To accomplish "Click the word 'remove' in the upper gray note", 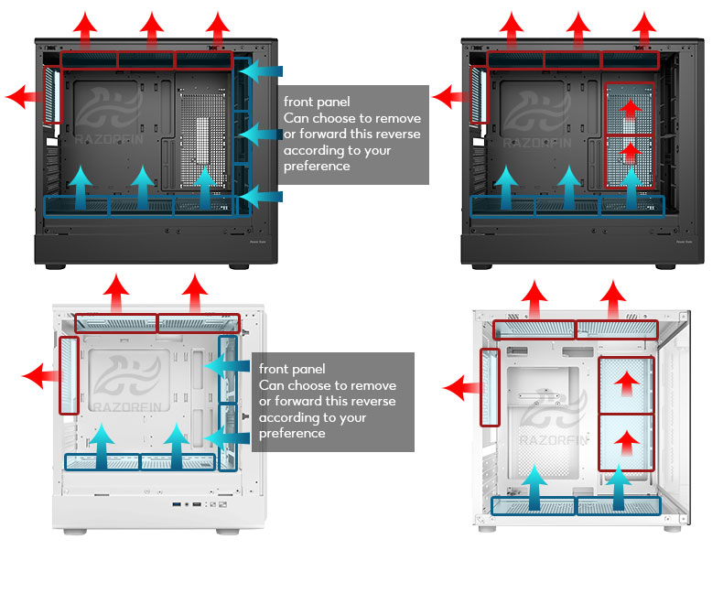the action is pyautogui.click(x=398, y=118).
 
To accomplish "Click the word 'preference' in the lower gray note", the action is pyautogui.click(x=292, y=434).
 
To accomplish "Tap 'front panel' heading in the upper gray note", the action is pyautogui.click(x=317, y=102).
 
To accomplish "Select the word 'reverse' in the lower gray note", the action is pyautogui.click(x=372, y=401).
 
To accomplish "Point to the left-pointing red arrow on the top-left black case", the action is pyautogui.click(x=25, y=97).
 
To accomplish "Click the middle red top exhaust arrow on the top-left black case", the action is pyautogui.click(x=152, y=30).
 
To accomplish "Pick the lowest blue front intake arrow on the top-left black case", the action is pyautogui.click(x=261, y=197).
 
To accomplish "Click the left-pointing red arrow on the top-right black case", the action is pyautogui.click(x=450, y=97).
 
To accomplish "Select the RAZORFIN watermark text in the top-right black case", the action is pyautogui.click(x=537, y=144).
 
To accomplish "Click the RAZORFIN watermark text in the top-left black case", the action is pyautogui.click(x=109, y=139).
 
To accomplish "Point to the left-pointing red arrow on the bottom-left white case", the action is pyautogui.click(x=41, y=375).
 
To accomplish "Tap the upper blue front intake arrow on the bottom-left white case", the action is pyautogui.click(x=227, y=366).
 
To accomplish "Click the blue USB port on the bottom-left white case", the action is pyautogui.click(x=177, y=504).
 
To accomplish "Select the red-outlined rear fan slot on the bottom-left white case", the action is pyautogui.click(x=69, y=375).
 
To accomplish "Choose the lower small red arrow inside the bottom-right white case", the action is pyautogui.click(x=626, y=443).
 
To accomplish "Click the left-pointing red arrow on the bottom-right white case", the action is pyautogui.click(x=462, y=388).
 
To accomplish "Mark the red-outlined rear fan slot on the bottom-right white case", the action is pyautogui.click(x=490, y=387).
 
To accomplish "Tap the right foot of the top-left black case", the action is pyautogui.click(x=239, y=266).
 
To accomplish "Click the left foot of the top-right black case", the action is pyautogui.click(x=481, y=266).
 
